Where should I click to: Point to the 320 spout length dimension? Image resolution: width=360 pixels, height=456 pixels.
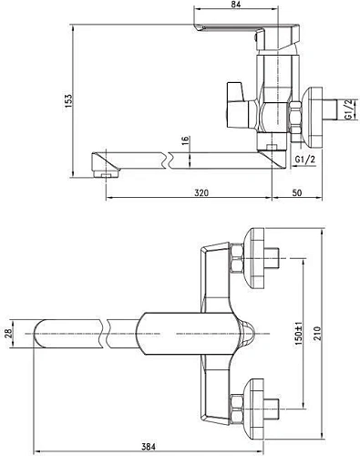click(x=201, y=193)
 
